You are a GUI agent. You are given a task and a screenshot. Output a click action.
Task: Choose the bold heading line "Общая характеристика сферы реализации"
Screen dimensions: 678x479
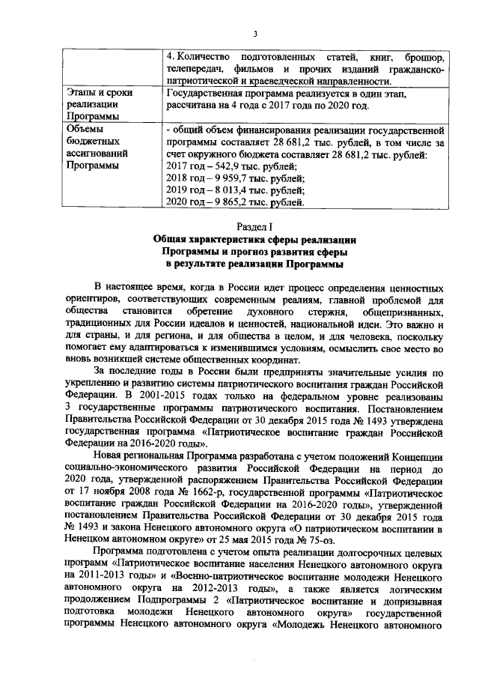click(255, 239)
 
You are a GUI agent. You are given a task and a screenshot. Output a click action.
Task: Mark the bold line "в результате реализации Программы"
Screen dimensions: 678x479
click(255, 264)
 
